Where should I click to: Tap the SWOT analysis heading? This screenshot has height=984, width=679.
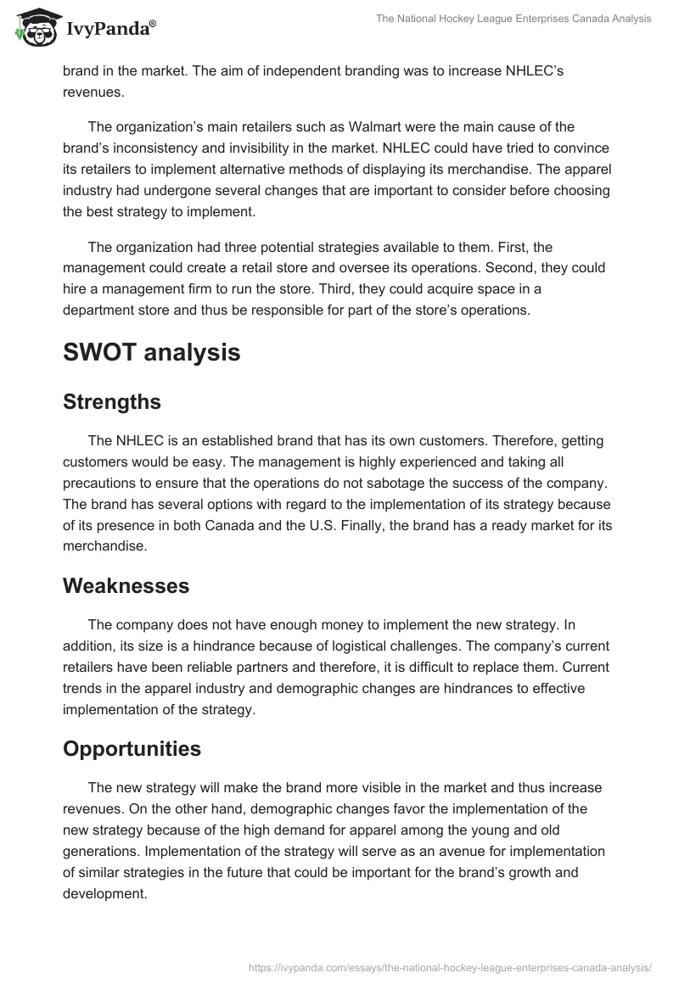coord(151,353)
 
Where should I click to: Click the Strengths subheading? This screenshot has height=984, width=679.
coord(112,401)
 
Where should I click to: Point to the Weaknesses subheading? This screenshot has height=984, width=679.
coord(126,585)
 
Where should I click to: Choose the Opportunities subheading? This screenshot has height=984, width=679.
coord(132,749)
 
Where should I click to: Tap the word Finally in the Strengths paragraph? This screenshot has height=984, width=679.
coord(390,525)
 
